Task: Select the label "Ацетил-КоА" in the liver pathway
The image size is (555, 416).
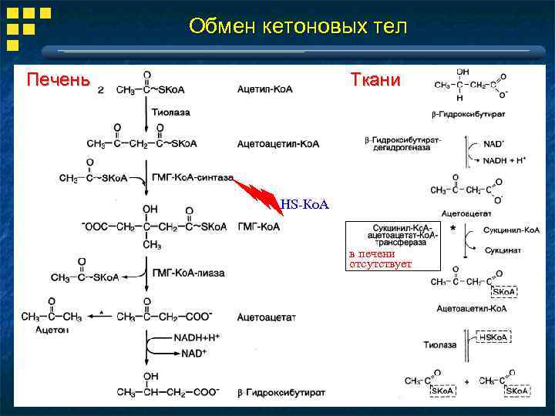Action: [x=264, y=90]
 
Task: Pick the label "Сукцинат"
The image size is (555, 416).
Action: [x=503, y=250]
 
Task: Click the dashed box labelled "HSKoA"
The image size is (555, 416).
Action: [x=494, y=337]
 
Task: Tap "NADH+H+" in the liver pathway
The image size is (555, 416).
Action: [x=195, y=337]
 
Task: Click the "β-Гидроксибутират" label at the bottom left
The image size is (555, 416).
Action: [x=281, y=392]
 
